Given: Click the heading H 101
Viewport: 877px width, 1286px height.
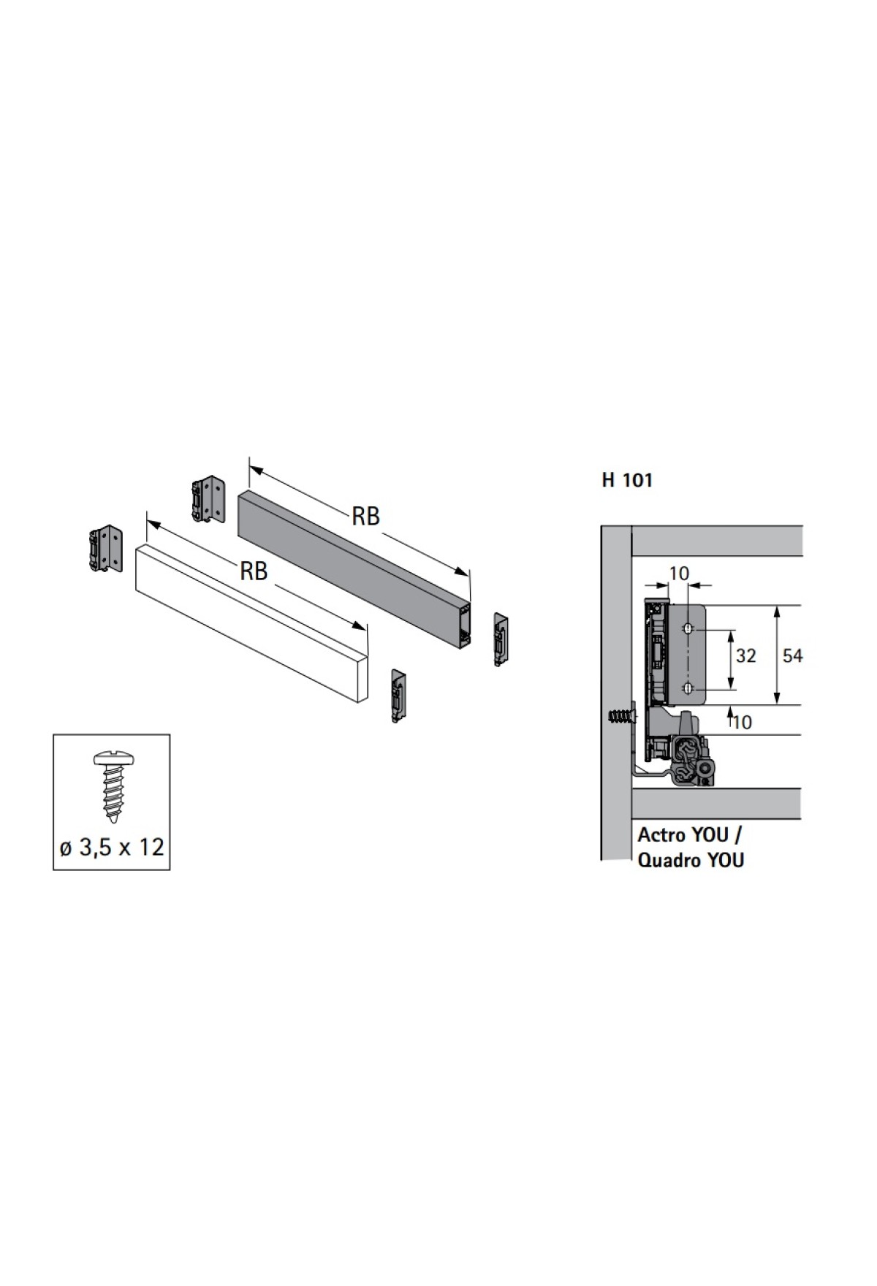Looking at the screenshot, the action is click(x=627, y=481).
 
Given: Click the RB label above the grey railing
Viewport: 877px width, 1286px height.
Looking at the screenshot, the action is click(x=366, y=517).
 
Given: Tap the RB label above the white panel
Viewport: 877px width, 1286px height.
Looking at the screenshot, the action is click(x=254, y=571).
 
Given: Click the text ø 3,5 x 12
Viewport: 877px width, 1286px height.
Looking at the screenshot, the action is click(x=112, y=848).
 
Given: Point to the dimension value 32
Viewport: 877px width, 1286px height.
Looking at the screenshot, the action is click(x=745, y=655).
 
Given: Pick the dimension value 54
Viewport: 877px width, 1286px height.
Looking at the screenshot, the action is click(x=792, y=655).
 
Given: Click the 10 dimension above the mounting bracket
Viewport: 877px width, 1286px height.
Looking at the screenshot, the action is click(x=679, y=573).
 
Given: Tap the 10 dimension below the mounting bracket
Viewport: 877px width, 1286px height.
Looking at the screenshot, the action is click(x=741, y=722).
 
